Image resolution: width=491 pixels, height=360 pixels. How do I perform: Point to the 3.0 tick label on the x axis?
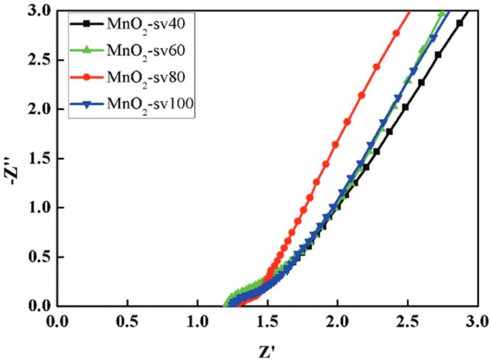coord(476,321)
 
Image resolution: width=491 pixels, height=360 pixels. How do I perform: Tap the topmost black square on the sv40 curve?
coord(459,23)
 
